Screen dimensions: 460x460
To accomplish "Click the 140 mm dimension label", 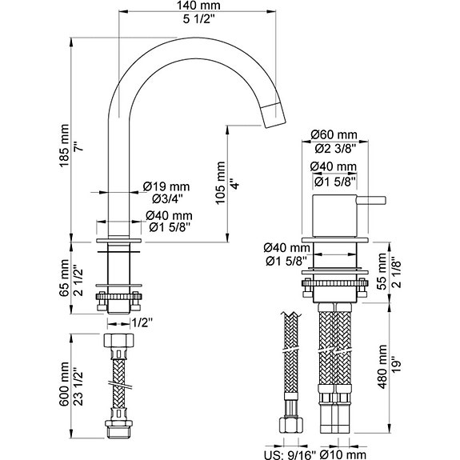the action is tap(198, 6).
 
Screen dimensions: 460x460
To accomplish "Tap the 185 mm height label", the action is tap(64, 146).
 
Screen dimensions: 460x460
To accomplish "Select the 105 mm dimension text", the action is tap(220, 182).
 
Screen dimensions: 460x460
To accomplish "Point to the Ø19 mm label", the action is tap(166, 186).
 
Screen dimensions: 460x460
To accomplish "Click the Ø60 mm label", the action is tap(334, 134).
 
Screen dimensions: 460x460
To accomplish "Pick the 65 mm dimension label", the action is tap(64, 278).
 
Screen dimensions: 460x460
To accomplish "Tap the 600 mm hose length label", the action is tap(64, 384).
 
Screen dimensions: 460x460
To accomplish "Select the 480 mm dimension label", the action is tap(382, 366).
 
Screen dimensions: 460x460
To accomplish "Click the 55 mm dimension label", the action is tap(382, 271).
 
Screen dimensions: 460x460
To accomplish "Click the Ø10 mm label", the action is tap(343, 455).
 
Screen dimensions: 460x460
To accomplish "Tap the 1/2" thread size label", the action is tap(142, 323).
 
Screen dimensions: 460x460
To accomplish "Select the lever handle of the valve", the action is tap(371, 200).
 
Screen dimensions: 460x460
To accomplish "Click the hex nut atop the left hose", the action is tap(118, 340).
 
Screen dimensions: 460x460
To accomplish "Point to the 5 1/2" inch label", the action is tap(199, 19).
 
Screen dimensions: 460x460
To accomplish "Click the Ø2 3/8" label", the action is tap(336, 149).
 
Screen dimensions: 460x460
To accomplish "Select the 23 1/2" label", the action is tap(78, 386).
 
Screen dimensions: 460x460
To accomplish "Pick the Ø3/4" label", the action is tap(167, 199).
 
